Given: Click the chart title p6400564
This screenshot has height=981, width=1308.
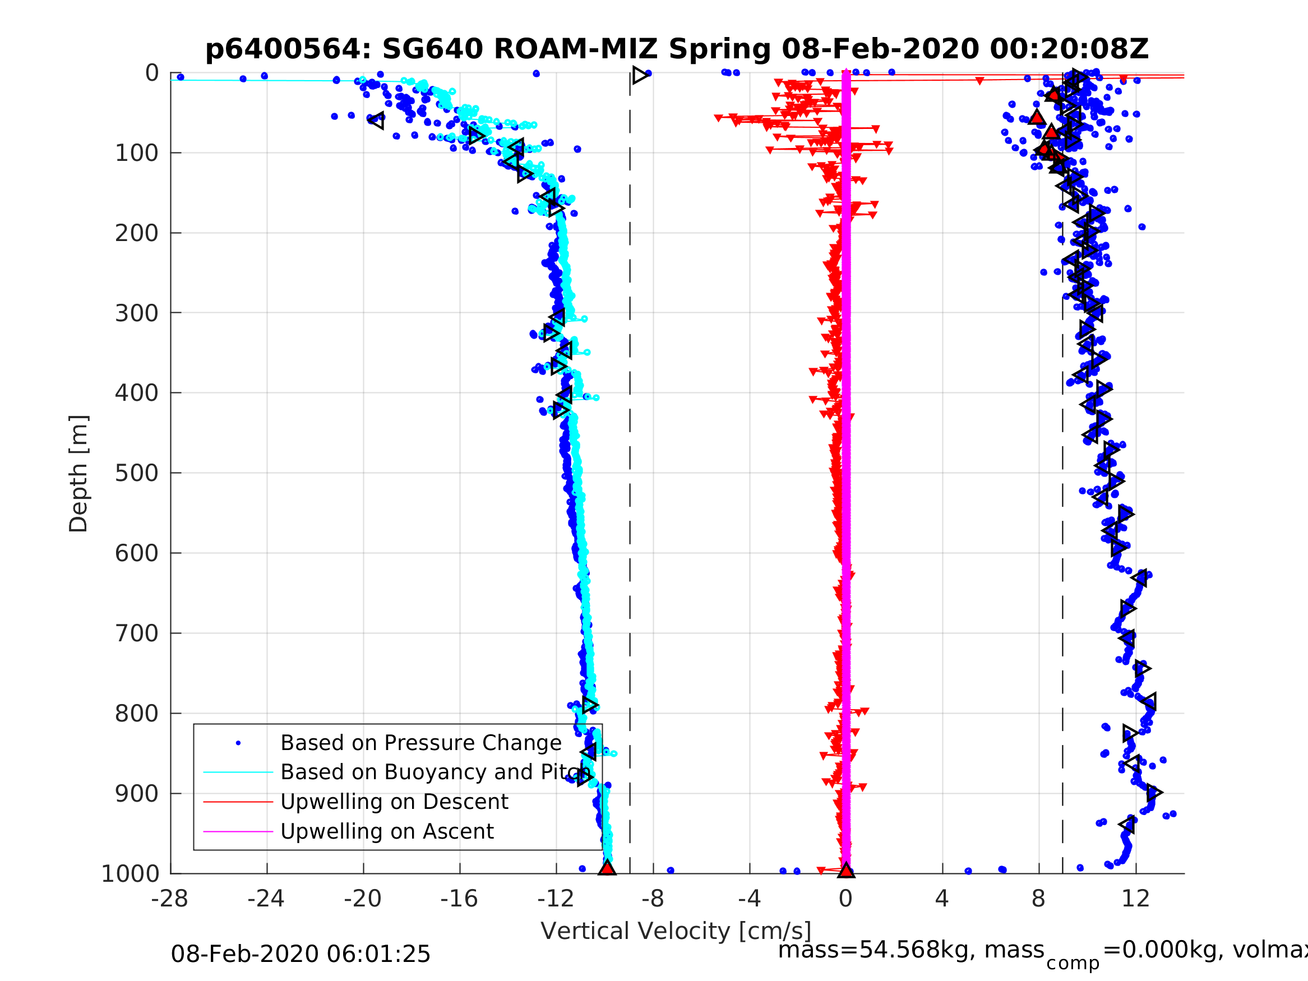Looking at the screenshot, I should click(677, 49).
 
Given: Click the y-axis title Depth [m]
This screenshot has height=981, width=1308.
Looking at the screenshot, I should click(78, 474).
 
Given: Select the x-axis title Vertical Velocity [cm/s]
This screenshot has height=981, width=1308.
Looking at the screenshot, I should click(676, 931).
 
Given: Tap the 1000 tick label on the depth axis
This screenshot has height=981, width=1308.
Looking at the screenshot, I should click(130, 873).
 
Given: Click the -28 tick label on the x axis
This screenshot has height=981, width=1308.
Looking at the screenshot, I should click(170, 899).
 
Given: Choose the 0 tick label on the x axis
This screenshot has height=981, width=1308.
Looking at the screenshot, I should click(845, 899).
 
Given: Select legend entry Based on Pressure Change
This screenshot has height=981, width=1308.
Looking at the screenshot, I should click(420, 743).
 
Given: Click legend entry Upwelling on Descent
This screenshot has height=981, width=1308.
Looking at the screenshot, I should click(394, 802).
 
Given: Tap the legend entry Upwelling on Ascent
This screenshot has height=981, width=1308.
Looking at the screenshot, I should click(387, 831).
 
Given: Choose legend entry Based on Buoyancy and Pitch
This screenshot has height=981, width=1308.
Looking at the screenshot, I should click(435, 772).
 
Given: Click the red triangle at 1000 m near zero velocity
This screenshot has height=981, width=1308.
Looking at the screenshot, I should click(846, 870).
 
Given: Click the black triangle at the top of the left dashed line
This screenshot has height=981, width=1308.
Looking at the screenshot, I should click(640, 75).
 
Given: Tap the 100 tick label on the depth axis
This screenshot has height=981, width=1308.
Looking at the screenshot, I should click(137, 153).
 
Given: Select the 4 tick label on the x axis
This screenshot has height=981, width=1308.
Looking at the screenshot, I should click(942, 899).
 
